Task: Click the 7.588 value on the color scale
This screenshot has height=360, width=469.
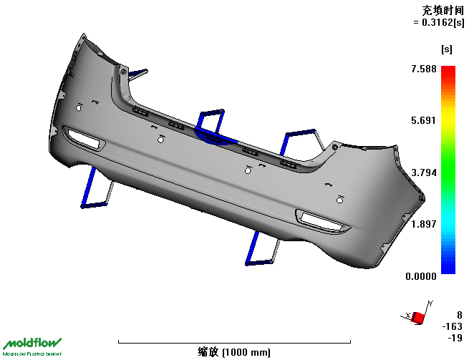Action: point(424,69)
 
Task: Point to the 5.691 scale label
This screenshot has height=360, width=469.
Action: point(424,120)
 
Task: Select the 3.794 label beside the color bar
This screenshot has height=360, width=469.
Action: point(424,172)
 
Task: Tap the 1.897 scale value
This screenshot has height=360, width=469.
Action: point(424,224)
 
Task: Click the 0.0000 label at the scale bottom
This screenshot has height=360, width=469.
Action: point(421,276)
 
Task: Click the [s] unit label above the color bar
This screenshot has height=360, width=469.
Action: point(447,49)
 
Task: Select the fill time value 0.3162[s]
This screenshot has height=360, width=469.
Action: point(443,22)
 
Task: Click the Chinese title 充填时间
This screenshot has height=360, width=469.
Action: point(443,11)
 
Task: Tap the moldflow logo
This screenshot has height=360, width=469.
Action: point(32,347)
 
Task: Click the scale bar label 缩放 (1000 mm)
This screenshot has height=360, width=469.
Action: point(234,352)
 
